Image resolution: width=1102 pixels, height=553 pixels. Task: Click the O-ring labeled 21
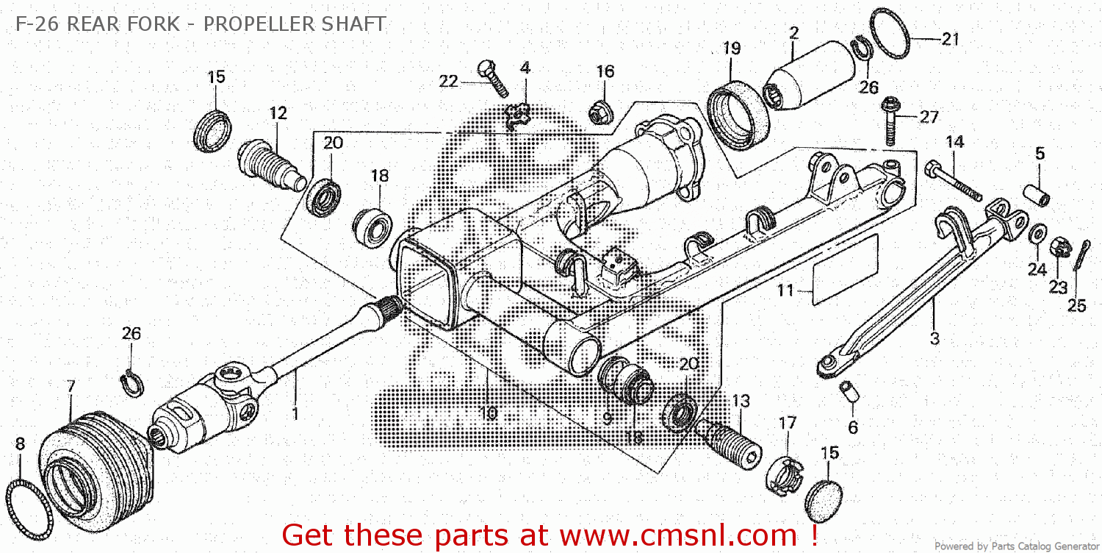click(891, 33)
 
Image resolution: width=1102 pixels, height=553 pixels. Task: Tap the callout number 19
click(731, 49)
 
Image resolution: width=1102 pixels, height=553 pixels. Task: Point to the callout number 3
click(934, 338)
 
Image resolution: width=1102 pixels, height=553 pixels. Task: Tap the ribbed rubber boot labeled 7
click(96, 463)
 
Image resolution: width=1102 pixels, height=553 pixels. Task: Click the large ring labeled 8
click(29, 507)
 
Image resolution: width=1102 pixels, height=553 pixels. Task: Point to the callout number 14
click(954, 141)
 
